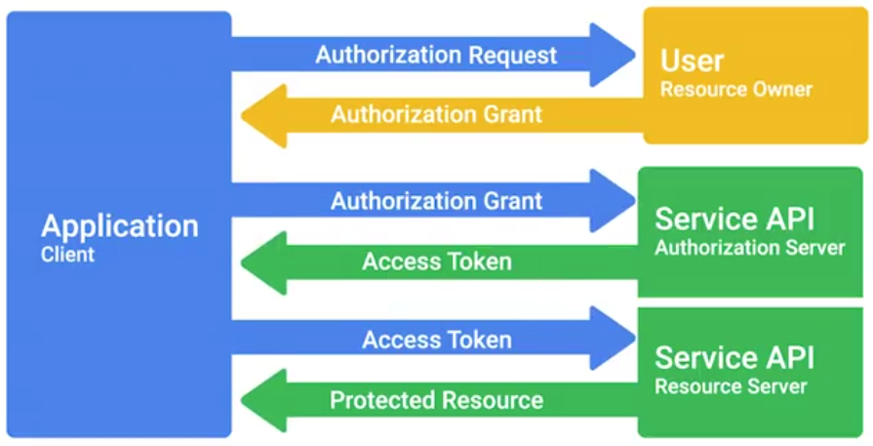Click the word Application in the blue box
[x=119, y=226]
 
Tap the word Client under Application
[x=67, y=255]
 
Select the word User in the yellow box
[x=692, y=61]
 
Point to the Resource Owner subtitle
[x=735, y=90]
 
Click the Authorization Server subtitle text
[x=749, y=248]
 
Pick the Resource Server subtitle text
[x=731, y=386]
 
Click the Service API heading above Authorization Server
[x=735, y=218]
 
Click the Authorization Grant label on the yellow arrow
[x=436, y=114]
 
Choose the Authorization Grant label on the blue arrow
[x=436, y=202]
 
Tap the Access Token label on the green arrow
[x=436, y=262]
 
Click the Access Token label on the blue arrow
[x=436, y=341]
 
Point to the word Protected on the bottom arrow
[x=381, y=400]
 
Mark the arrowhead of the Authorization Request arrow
[x=614, y=55]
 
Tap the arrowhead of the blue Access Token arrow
[x=614, y=340]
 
